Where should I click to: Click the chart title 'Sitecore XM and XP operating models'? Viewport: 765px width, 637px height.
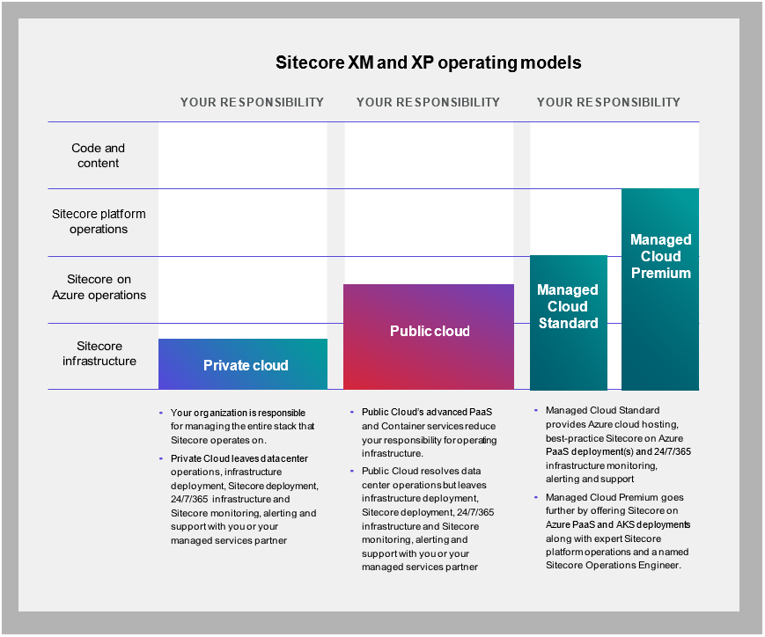[429, 63]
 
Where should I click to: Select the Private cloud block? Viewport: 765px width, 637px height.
[243, 364]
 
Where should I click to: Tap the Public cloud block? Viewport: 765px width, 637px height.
[429, 337]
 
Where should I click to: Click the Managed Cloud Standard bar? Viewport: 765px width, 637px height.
[569, 322]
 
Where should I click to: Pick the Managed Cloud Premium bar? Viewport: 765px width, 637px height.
[660, 289]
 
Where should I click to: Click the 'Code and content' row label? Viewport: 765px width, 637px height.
[98, 156]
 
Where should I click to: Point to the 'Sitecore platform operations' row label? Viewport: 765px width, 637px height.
[99, 222]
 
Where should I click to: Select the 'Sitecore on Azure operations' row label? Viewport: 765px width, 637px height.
[99, 288]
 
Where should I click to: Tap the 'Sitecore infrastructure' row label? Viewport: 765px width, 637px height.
[99, 354]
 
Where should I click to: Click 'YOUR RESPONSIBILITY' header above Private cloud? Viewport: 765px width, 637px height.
[253, 102]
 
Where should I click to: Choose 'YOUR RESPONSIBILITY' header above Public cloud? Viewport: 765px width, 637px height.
[429, 102]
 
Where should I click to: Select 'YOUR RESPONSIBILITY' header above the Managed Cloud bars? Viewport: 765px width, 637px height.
[609, 102]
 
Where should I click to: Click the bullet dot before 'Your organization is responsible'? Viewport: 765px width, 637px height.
[161, 414]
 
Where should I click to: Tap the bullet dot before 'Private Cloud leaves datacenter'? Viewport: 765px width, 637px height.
[161, 458]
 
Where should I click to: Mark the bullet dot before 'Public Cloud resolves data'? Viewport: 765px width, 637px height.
[352, 472]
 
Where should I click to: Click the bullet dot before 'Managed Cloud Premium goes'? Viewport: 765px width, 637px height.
[536, 497]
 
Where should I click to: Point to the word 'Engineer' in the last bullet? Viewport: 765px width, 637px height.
[659, 566]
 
